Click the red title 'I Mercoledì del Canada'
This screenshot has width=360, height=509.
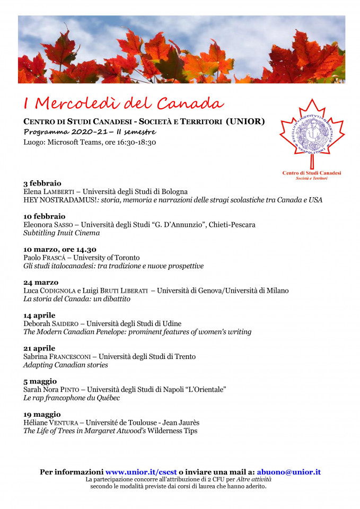[124, 102]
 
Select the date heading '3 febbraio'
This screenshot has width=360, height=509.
[42, 183]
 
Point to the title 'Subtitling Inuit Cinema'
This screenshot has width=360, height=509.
[62, 233]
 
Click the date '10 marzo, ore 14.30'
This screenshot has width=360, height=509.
[60, 249]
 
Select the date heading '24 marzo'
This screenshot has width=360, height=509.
[41, 282]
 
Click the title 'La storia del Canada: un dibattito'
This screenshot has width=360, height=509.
[77, 299]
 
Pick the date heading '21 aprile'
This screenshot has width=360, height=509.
[41, 348]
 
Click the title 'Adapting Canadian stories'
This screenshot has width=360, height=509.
[66, 365]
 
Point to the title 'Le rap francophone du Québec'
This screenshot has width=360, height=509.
[72, 398]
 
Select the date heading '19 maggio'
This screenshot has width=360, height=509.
[42, 414]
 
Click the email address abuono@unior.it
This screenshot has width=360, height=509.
[288, 472]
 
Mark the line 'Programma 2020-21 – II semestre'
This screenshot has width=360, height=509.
[90, 132]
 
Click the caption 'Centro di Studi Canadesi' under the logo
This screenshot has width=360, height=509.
[312, 173]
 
